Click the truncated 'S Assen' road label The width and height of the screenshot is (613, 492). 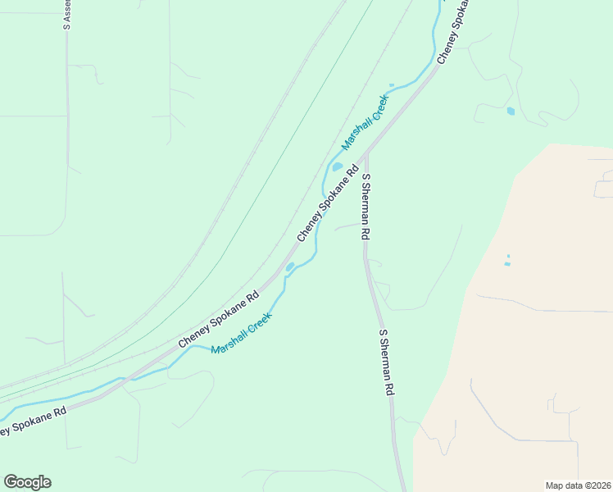pyautogui.click(x=66, y=16)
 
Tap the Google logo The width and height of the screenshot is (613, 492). pyautogui.click(x=27, y=482)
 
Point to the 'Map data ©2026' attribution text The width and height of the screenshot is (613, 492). pyautogui.click(x=579, y=485)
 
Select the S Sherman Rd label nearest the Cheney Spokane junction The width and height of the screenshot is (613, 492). pyautogui.click(x=366, y=207)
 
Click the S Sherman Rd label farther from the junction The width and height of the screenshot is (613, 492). pyautogui.click(x=386, y=363)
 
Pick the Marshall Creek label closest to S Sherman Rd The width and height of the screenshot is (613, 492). pyautogui.click(x=365, y=123)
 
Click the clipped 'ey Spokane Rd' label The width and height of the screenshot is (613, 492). pyautogui.click(x=33, y=421)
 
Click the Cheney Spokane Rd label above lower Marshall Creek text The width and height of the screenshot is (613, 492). pyautogui.click(x=218, y=319)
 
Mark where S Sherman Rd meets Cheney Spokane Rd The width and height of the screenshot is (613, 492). pyautogui.click(x=366, y=153)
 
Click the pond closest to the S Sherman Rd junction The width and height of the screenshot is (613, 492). pyautogui.click(x=337, y=167)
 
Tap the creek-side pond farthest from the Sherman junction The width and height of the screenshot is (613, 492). pyautogui.click(x=289, y=267)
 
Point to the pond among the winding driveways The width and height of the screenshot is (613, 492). pyautogui.click(x=511, y=111)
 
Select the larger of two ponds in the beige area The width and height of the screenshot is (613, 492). pyautogui.click(x=506, y=264)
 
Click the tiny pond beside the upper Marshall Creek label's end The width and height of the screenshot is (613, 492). pyautogui.click(x=392, y=85)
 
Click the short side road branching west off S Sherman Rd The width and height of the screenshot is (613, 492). pyautogui.click(x=347, y=225)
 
